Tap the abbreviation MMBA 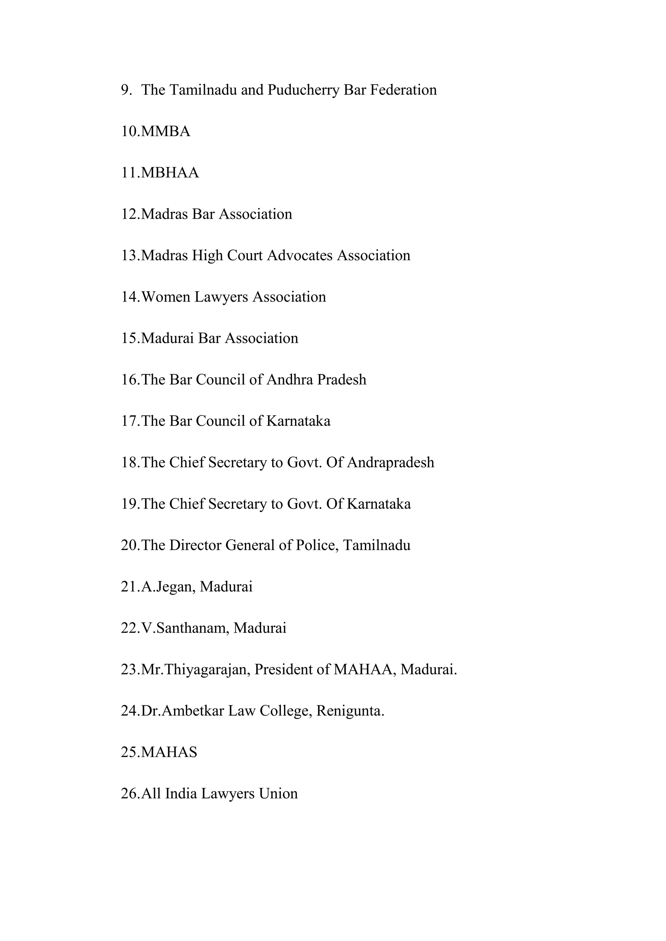(166, 132)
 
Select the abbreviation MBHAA (170, 173)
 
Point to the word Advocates (300, 256)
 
